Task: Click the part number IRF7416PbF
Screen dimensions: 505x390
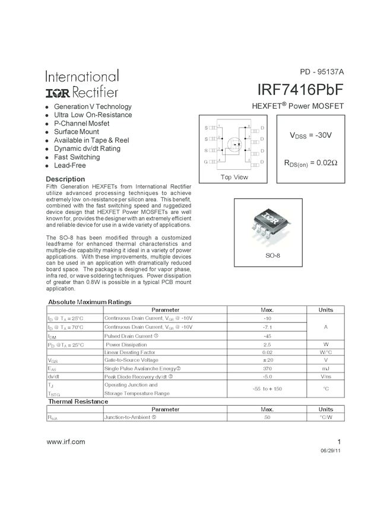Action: (x=300, y=89)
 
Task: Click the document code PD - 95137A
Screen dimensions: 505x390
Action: (x=322, y=72)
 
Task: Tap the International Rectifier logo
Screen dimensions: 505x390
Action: (x=82, y=84)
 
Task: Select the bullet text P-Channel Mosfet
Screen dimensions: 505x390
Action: (x=81, y=124)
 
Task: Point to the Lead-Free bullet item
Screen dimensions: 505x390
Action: (x=69, y=166)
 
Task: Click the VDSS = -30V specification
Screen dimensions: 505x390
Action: (x=310, y=135)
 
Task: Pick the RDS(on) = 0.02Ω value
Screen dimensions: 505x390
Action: (x=310, y=162)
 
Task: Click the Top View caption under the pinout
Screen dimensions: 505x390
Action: (x=234, y=177)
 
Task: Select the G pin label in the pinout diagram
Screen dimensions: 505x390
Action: (x=206, y=162)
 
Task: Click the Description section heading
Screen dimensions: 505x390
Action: (x=65, y=179)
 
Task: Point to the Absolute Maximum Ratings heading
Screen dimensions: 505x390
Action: (x=89, y=302)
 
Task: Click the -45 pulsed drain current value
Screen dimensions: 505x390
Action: (x=267, y=336)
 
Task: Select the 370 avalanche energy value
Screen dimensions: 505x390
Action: (x=267, y=368)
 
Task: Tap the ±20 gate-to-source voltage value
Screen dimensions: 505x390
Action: (x=267, y=360)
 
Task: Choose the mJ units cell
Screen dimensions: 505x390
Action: (x=326, y=368)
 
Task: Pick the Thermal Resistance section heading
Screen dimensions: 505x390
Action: (x=78, y=402)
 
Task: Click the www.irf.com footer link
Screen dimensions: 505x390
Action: (x=65, y=441)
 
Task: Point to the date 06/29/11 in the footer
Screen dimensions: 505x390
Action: (x=331, y=452)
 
